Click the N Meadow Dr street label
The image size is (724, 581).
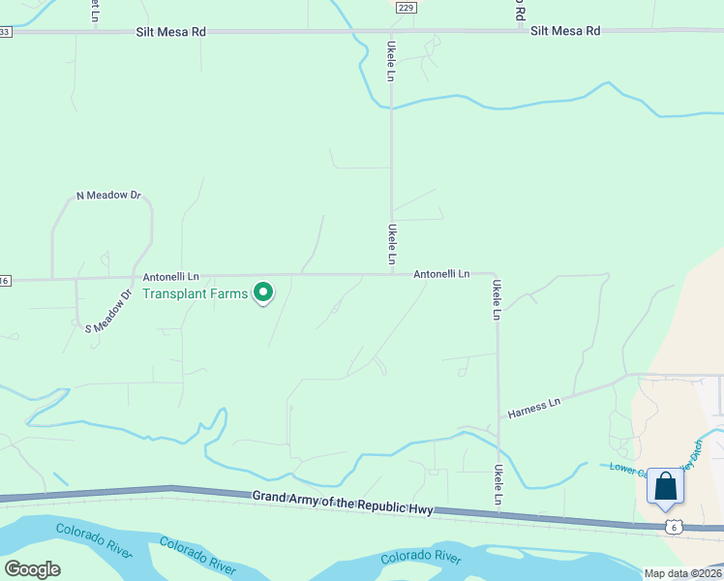coord(108,196)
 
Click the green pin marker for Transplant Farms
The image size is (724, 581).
coord(262,291)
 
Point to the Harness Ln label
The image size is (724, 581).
coord(535,408)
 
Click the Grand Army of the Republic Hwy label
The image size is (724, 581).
coord(343,503)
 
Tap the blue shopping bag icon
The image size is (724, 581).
coord(665,486)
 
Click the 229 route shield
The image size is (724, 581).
coord(407,7)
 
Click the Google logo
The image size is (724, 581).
coord(32,569)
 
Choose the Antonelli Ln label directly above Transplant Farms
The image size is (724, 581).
coord(171,276)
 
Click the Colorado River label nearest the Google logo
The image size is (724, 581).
coord(93,538)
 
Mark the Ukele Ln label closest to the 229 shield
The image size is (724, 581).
coord(391,60)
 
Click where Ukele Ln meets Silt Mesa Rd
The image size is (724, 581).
coord(391,32)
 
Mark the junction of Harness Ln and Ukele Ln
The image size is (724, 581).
coord(498,418)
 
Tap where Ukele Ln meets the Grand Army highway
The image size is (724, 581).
coord(498,508)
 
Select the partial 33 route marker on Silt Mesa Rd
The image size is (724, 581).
coord(5,32)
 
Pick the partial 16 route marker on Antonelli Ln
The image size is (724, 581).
coord(5,281)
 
